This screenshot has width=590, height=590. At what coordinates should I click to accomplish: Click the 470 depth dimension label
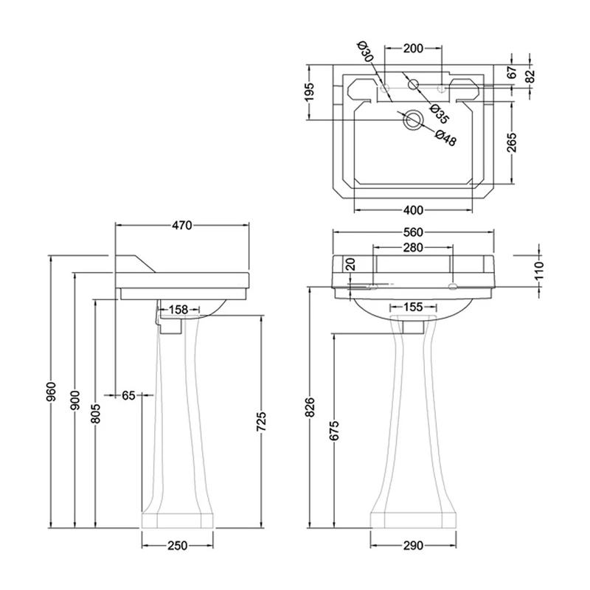click(182, 226)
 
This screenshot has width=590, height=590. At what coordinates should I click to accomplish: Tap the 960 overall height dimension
click(51, 392)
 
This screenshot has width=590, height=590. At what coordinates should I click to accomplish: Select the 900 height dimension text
click(75, 400)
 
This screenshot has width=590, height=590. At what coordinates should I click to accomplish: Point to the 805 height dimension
click(96, 413)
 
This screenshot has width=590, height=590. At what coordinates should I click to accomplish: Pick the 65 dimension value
click(128, 395)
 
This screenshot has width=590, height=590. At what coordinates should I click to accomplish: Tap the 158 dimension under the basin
click(178, 310)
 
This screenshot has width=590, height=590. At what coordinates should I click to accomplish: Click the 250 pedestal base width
click(177, 546)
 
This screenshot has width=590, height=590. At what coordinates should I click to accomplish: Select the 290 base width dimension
click(413, 546)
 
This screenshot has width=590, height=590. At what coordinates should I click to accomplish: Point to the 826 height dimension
click(310, 407)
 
